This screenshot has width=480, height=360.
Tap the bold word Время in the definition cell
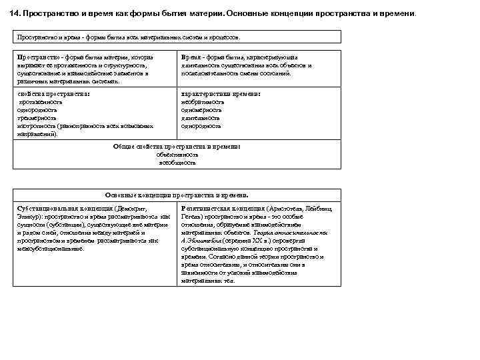click(x=193, y=57)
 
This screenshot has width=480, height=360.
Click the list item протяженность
click(x=40, y=103)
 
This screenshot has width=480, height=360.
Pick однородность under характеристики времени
click(x=201, y=125)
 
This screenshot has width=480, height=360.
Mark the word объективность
click(x=177, y=154)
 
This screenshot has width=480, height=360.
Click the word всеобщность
click(x=177, y=162)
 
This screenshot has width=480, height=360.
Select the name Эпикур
click(x=27, y=217)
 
